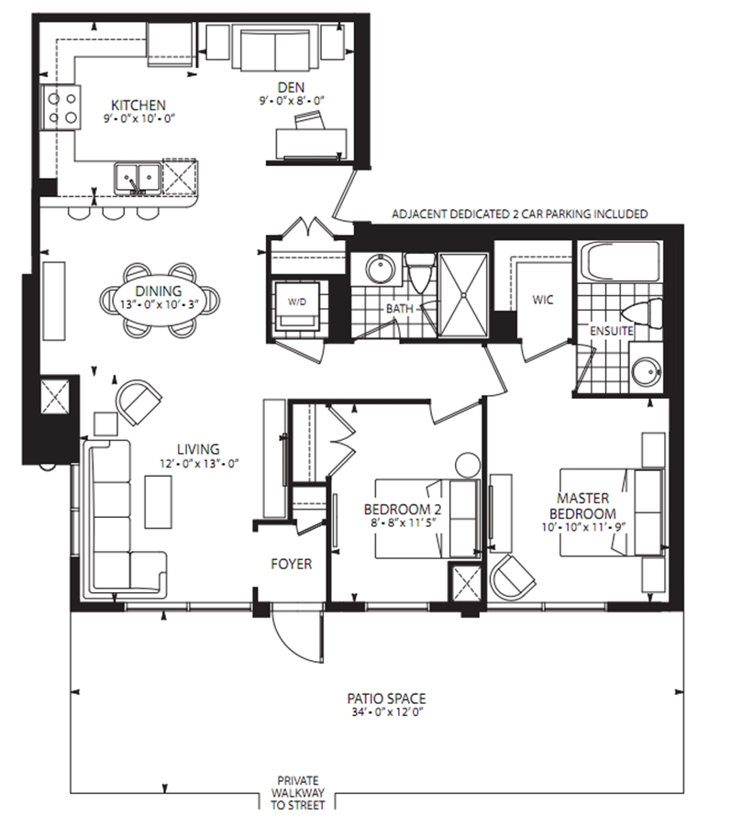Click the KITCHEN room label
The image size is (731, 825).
pos(138,104)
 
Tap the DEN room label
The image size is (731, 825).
pos(291,87)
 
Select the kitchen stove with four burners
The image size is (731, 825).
pos(61,107)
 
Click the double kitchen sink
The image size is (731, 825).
pos(138,179)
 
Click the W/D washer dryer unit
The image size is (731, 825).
pos(298,305)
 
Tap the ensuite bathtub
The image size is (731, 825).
pos(619,261)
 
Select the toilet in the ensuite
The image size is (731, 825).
pos(642,313)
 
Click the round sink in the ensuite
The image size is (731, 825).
pos(645,371)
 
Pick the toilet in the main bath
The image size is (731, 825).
pos(420,272)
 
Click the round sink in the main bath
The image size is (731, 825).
pos(380,269)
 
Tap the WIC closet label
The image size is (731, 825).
pos(543,300)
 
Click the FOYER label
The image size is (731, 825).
pos(291,564)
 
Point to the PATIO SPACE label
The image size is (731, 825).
pos(386,698)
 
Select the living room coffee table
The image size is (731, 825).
pos(158,502)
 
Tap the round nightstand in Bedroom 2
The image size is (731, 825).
pos(468,465)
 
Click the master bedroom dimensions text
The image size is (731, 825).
pos(583,527)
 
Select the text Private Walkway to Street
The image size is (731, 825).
pos(298,794)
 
